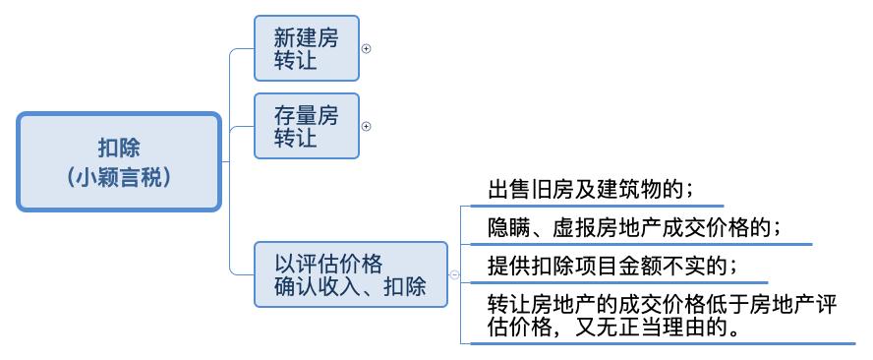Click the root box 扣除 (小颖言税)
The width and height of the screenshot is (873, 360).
tap(118, 161)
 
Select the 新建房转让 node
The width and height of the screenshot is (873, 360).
tap(306, 48)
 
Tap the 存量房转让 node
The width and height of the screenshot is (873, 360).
tap(306, 126)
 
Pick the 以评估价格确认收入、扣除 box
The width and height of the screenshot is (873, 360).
tap(350, 275)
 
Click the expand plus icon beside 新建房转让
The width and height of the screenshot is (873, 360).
tap(367, 48)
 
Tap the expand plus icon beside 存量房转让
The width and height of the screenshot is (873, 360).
tap(367, 126)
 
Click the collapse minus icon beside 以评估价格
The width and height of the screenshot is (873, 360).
tap(454, 275)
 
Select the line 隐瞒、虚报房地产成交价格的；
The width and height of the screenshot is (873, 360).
tap(635, 227)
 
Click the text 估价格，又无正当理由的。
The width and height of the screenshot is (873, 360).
tap(614, 327)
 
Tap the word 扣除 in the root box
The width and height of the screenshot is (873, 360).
tap(118, 148)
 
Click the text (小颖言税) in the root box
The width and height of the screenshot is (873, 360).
tap(118, 177)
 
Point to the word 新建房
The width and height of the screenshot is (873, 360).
tap(306, 37)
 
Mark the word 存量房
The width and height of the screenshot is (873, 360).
tap(306, 115)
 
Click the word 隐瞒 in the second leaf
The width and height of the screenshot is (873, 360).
tap(507, 227)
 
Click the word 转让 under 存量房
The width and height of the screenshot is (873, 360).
tap(295, 138)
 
